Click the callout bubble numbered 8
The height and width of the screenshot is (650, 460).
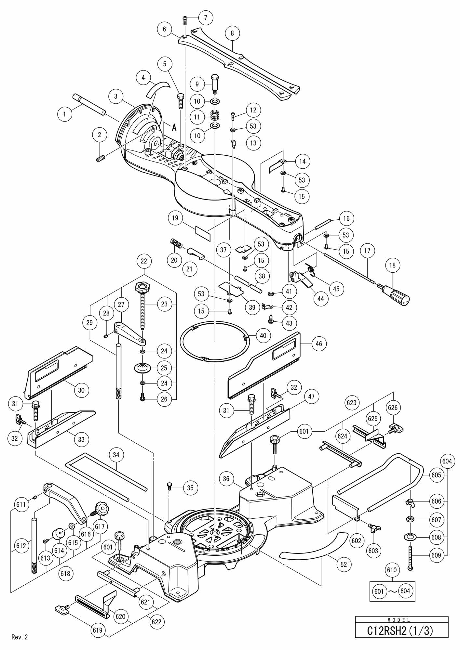tap(232, 33)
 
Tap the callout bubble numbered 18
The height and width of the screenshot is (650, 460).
tap(392, 265)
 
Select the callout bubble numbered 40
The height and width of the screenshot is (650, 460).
tap(263, 335)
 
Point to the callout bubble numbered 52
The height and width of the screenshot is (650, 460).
tap(344, 565)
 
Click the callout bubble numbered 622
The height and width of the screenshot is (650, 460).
tap(156, 622)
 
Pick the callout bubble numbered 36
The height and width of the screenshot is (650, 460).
tap(226, 479)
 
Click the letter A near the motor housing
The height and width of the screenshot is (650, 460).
tap(174, 128)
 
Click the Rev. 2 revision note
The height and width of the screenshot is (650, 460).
tap(20, 637)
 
